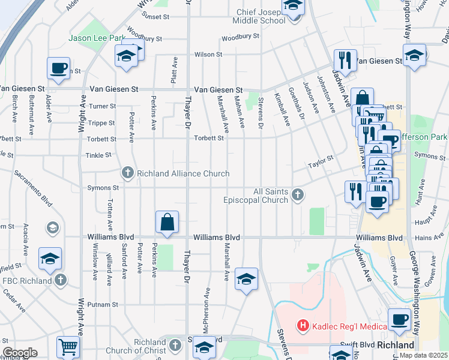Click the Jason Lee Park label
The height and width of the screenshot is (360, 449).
pyautogui.click(x=97, y=38)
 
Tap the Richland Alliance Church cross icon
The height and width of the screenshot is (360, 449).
pyautogui.click(x=127, y=173)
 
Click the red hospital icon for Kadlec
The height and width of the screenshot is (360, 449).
pyautogui.click(x=303, y=326)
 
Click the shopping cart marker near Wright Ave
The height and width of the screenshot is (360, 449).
pyautogui.click(x=68, y=347)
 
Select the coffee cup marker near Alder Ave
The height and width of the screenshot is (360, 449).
pyautogui.click(x=58, y=68)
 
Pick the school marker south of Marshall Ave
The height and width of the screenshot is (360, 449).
pyautogui.click(x=246, y=279)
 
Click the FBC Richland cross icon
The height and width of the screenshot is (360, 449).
pyautogui.click(x=60, y=280)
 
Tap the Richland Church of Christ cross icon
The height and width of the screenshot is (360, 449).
pyautogui.click(x=175, y=345)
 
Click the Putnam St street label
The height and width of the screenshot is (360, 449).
pyautogui.click(x=103, y=304)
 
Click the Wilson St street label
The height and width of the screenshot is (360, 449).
pyautogui.click(x=208, y=55)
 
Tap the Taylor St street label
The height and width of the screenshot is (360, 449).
pyautogui.click(x=321, y=162)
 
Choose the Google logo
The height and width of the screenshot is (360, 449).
pyautogui.click(x=20, y=353)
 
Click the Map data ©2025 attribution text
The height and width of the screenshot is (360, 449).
pyautogui.click(x=424, y=355)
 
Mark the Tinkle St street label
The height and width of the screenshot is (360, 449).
pyautogui.click(x=100, y=155)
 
